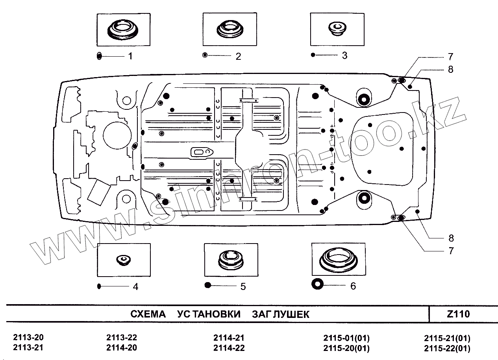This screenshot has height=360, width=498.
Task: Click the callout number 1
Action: click(130, 56)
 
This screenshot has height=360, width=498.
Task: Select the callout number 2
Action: click(238, 56)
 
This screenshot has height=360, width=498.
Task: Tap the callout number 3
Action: click(344, 55)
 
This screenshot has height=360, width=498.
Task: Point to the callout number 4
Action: click(135, 287)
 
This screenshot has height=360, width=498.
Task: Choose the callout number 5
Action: click(243, 287)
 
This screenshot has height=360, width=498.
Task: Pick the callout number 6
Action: click(353, 286)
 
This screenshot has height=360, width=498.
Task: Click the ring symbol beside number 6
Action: click(317, 284)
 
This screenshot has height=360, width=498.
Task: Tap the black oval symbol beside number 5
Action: click(209, 285)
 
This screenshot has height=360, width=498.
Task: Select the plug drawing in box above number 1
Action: click(123, 30)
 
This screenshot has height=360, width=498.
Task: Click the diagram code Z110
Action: click(459, 314)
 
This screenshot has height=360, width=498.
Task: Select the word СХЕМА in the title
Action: click(148, 314)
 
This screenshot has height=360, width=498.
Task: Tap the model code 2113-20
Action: click(28, 338)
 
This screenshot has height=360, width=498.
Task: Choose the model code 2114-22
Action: click(229, 348)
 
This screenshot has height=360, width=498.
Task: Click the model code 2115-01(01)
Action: click(346, 338)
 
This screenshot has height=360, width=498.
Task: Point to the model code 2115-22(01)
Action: click(447, 349)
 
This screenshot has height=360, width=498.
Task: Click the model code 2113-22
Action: click(122, 338)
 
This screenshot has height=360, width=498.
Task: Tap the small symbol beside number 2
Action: click(205, 55)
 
